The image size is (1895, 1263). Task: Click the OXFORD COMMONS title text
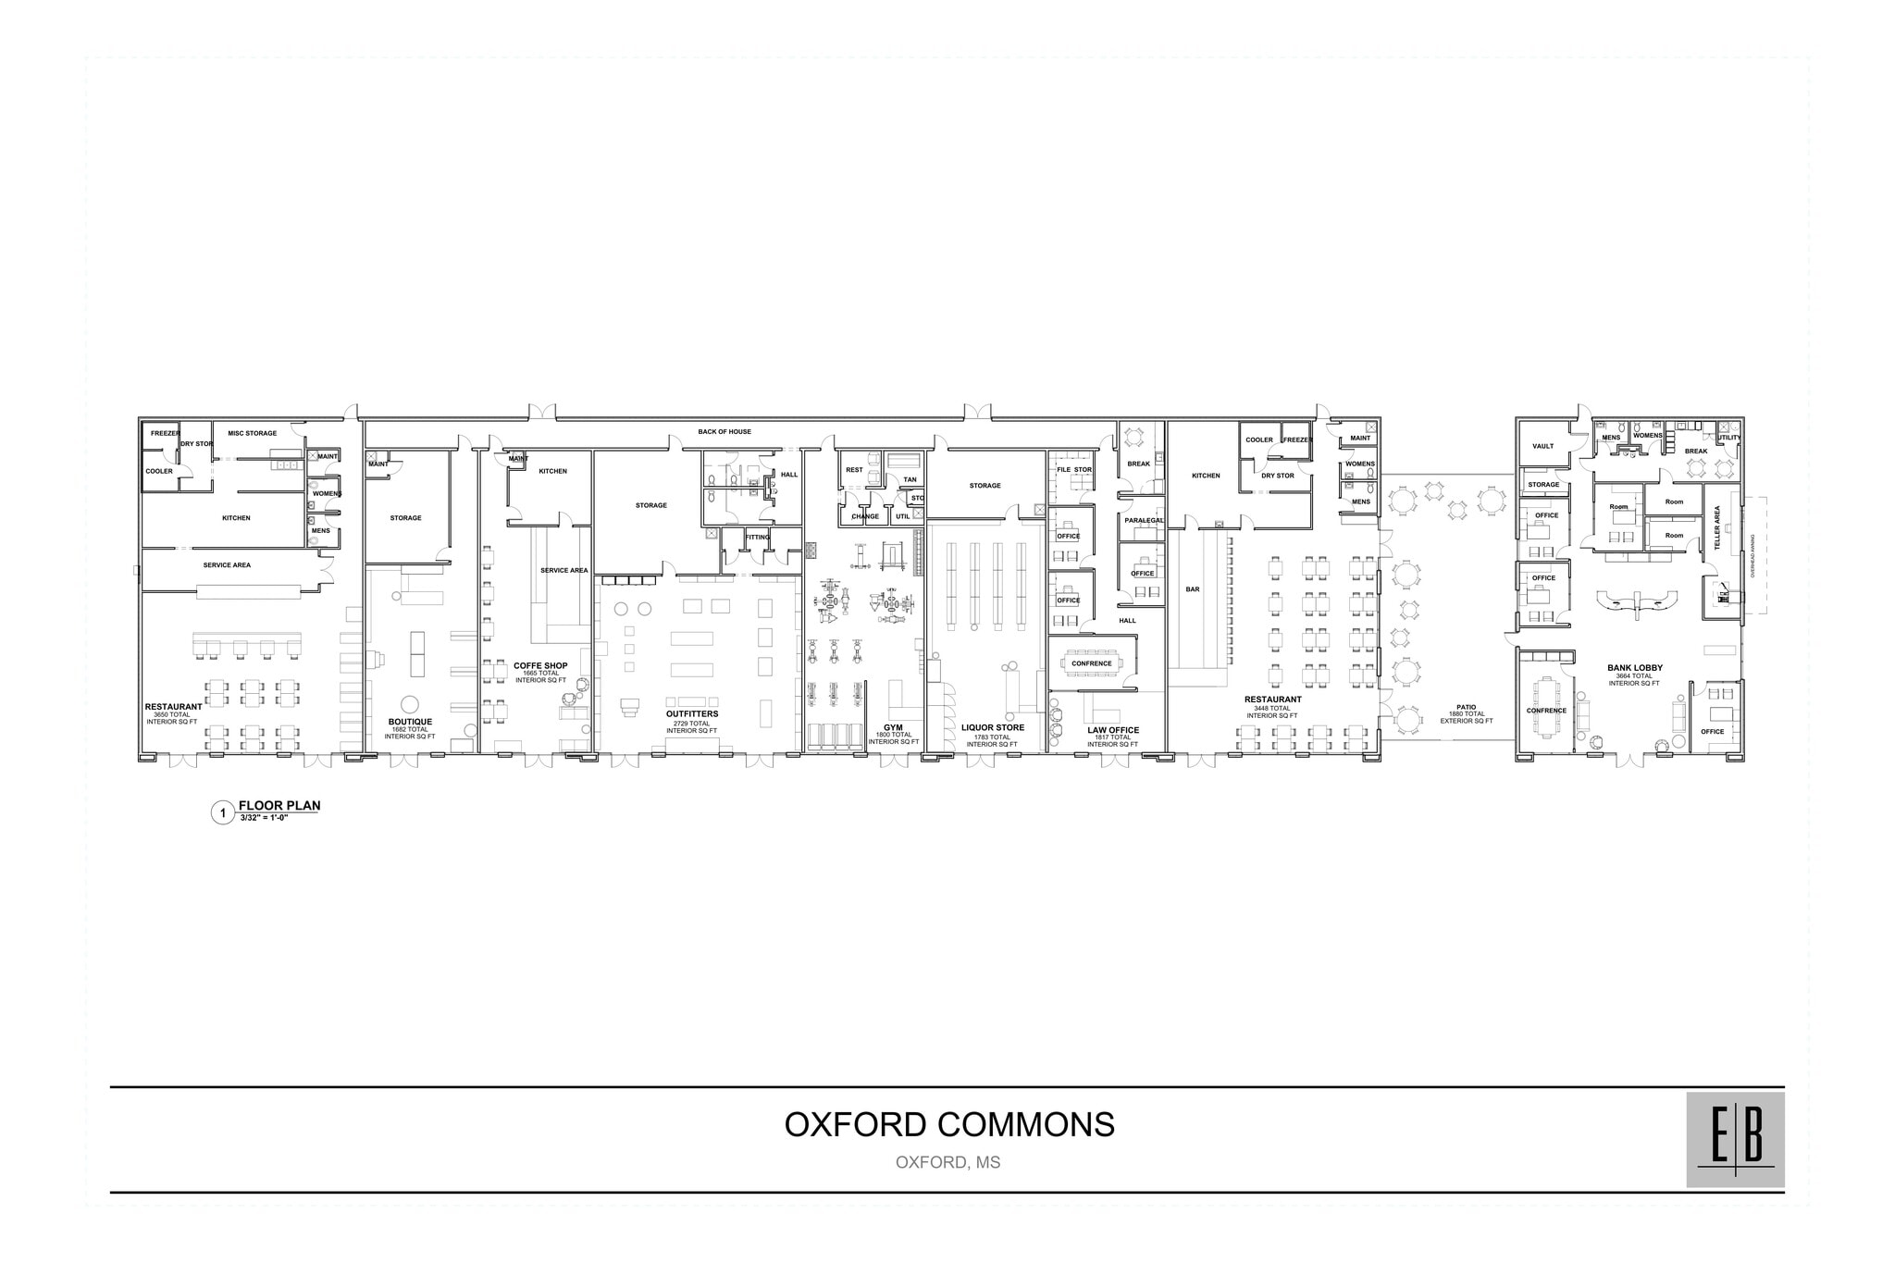[949, 1124]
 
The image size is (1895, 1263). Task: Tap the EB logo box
[1735, 1139]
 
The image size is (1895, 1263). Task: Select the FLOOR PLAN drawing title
[279, 805]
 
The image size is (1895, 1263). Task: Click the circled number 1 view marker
[222, 814]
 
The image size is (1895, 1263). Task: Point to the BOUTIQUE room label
[410, 722]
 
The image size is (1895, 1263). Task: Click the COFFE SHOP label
[540, 665]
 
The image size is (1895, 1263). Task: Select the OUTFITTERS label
[691, 714]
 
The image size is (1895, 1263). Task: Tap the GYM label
[893, 727]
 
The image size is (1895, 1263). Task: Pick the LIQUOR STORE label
[993, 727]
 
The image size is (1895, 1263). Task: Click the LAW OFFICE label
[1113, 730]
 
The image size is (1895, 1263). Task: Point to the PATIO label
[1466, 707]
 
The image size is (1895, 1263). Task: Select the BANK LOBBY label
[1635, 668]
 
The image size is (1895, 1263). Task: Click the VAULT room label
[1542, 446]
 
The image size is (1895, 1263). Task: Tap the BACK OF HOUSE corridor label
[725, 432]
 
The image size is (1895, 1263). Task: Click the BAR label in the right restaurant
[1193, 589]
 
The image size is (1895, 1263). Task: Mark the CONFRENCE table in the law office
[1092, 663]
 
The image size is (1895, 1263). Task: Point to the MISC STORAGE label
[252, 433]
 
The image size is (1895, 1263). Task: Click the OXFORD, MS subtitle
[947, 1162]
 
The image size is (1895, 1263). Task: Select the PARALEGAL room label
[1144, 520]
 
